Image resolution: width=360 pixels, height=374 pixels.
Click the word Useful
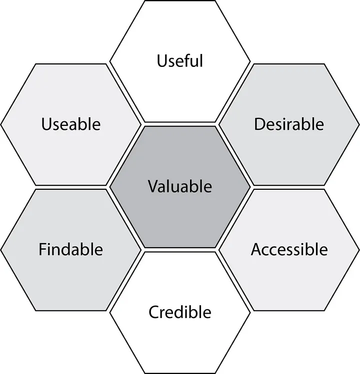pos(180,60)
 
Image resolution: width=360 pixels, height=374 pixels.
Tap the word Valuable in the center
pos(180,186)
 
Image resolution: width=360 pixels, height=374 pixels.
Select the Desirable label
pos(289,124)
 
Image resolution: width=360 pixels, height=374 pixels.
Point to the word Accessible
pos(289,250)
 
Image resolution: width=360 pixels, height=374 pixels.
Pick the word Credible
pos(180,312)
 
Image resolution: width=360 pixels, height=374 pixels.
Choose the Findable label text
pos(70,249)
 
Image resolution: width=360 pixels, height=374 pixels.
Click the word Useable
pos(71,124)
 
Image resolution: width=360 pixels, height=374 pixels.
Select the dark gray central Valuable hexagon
pos(180,187)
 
